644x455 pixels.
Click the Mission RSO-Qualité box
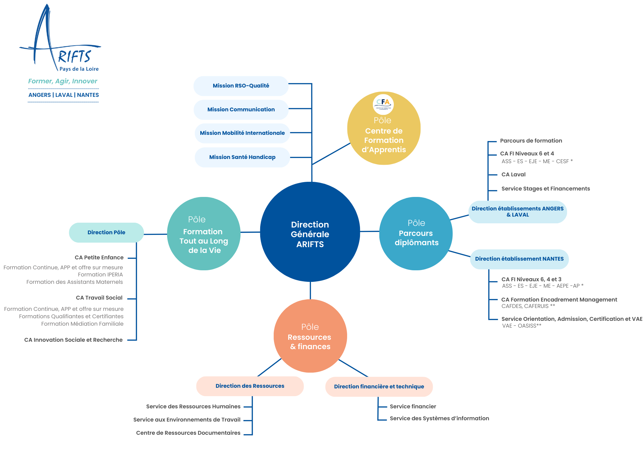[x=241, y=86]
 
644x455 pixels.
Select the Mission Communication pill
[x=241, y=110]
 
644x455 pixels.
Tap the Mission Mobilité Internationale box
[x=242, y=133]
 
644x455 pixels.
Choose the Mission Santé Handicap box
[x=242, y=157]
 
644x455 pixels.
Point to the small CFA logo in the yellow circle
[x=383, y=104]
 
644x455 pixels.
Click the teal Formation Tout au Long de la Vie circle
[x=204, y=234]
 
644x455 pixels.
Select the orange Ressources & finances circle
[x=310, y=336]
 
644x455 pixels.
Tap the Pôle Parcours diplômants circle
[x=416, y=234]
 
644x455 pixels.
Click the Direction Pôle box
[x=106, y=233]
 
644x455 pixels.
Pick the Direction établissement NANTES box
[x=519, y=259]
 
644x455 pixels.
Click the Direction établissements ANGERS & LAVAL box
[x=517, y=212]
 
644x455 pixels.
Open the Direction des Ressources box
[x=250, y=386]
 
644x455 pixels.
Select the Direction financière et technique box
[x=379, y=387]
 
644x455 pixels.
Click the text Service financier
[x=413, y=407]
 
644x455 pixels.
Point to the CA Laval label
[x=513, y=175]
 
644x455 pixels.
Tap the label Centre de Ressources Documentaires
[x=188, y=433]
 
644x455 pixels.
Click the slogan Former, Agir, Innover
[x=63, y=81]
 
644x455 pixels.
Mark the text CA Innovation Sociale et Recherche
[x=73, y=340]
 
